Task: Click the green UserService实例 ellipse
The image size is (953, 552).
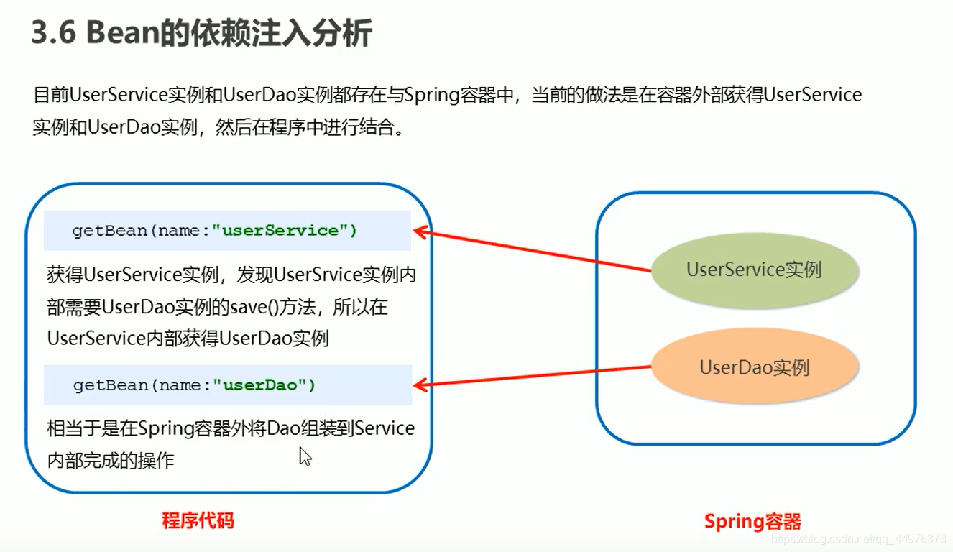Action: [755, 270]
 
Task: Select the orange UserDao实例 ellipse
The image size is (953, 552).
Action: [755, 366]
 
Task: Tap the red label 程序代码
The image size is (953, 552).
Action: [198, 520]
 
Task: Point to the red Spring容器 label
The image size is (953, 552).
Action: [752, 521]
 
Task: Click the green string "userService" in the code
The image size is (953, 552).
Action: [281, 230]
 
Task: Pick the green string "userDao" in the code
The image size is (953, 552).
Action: [260, 385]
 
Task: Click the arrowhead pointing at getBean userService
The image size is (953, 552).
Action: [420, 232]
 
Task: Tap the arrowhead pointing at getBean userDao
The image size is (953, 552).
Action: [420, 385]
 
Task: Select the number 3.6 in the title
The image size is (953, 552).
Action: [54, 32]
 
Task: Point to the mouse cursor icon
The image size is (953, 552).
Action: [305, 456]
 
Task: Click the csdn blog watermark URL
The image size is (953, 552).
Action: [859, 539]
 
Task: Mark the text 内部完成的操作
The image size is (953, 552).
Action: [111, 460]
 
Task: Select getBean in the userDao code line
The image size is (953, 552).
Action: [110, 385]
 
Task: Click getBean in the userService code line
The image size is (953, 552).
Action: [109, 230]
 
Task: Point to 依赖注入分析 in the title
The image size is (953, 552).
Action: [282, 32]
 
